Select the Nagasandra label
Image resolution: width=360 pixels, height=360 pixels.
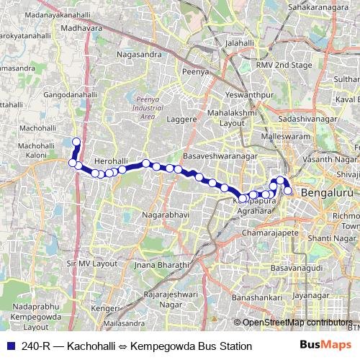pyautogui.click(x=136, y=53)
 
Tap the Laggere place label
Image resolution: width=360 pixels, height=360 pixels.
pyautogui.click(x=181, y=119)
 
